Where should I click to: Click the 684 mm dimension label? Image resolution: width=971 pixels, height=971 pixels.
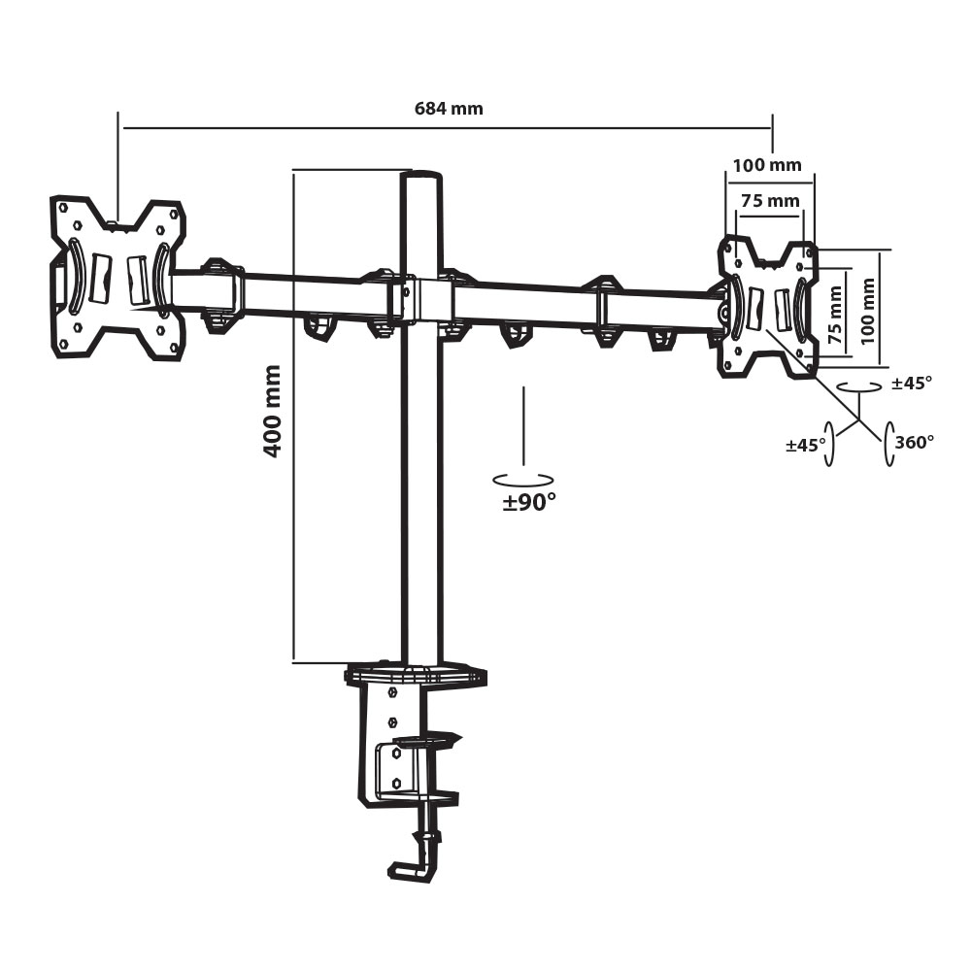click(x=449, y=109)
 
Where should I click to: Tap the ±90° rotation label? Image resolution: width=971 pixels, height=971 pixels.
click(x=529, y=502)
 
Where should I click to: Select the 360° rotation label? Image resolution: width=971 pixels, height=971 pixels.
click(x=915, y=442)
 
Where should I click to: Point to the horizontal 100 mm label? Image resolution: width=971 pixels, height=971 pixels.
click(x=767, y=165)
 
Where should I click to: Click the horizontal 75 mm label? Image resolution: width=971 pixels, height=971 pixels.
click(x=770, y=201)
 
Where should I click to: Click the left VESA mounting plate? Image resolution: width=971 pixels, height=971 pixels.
click(x=117, y=279)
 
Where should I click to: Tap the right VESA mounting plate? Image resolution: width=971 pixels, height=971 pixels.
click(x=767, y=309)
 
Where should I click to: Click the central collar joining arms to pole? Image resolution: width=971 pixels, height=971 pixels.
click(x=421, y=300)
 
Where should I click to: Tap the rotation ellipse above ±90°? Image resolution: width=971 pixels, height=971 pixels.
click(x=523, y=479)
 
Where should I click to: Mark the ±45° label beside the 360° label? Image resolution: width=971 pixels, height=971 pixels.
click(x=806, y=445)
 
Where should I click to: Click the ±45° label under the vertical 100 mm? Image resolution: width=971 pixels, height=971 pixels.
click(x=912, y=384)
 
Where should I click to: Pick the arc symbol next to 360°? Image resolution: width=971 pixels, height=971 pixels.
click(x=887, y=445)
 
